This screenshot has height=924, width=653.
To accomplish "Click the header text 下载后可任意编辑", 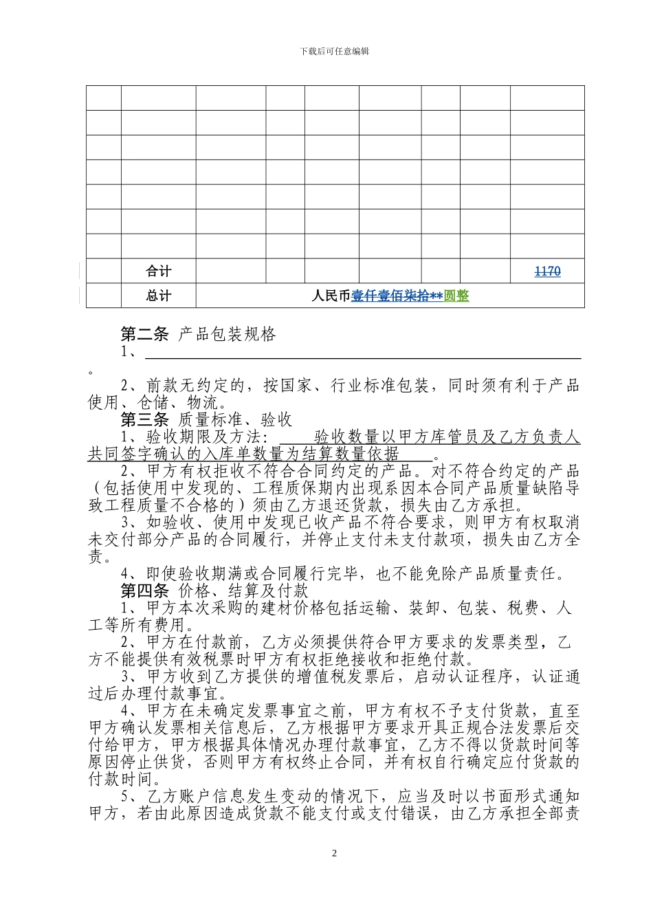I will coord(335,52).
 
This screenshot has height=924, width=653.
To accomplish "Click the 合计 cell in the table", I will coord(158,271).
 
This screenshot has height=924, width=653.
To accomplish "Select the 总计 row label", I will coord(158,296).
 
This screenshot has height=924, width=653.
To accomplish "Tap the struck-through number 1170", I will coord(547,272).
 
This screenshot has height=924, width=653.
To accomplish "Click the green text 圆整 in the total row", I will coord(456,296).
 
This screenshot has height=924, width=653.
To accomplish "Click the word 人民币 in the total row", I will coord(331,296).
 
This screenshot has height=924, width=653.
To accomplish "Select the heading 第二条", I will coord(144,335).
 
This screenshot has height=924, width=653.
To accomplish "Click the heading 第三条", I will coord(144,420).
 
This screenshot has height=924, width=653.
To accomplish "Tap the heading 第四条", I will coord(144,591).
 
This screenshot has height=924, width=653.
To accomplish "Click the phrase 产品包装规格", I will coord(227,335).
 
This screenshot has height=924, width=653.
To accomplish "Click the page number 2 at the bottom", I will coord(335,853).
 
